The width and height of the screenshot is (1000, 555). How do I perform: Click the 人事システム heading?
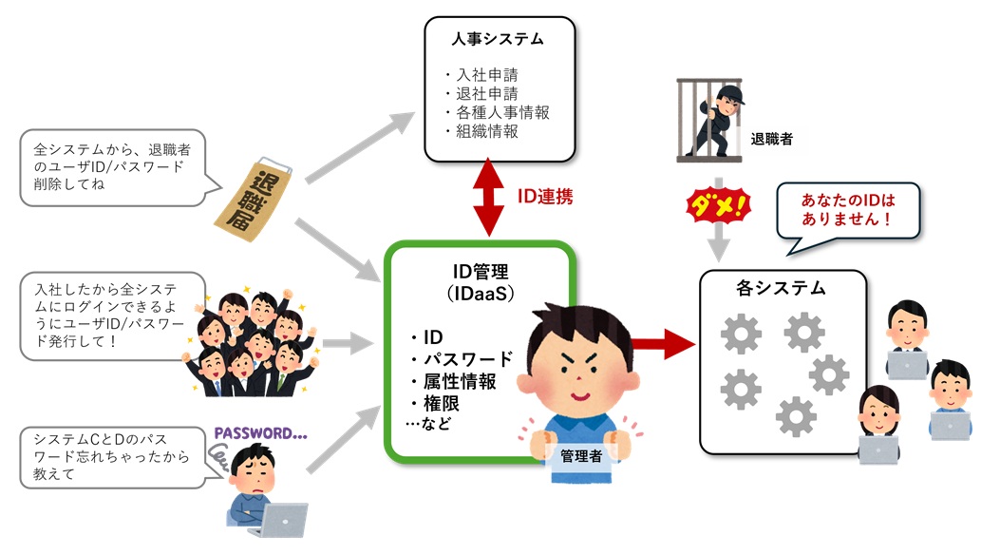(x=499, y=39)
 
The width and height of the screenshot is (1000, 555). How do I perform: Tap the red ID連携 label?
(x=544, y=197)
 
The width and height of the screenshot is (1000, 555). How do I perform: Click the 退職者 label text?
(x=770, y=139)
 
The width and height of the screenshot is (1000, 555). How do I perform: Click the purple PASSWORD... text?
(x=260, y=435)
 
